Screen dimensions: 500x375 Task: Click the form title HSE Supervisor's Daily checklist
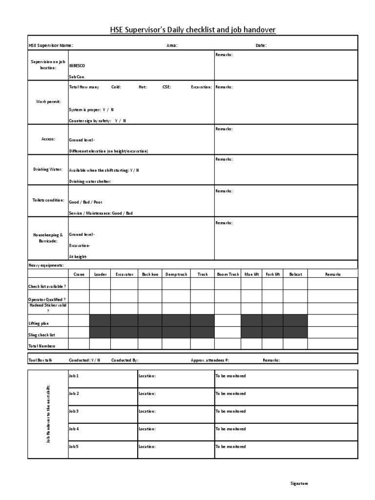coord(193,30)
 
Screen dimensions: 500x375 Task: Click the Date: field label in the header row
coord(261,45)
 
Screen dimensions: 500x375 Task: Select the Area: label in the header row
coord(172,45)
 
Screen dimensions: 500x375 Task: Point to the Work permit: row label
coord(48,102)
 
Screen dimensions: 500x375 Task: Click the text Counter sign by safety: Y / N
coord(97,121)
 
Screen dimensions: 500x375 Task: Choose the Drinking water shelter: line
coord(90,181)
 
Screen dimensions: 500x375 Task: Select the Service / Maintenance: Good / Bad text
coord(101,213)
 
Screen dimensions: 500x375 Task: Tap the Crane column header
coord(79,274)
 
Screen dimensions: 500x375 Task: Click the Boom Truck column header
coord(228,274)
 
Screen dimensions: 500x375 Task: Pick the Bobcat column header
coord(295,274)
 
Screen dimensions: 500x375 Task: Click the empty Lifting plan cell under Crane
coord(79,321)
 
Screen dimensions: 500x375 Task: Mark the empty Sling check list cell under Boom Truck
coord(228,333)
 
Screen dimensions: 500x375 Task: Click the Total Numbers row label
coord(42,346)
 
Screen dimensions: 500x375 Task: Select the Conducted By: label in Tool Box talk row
coord(125,360)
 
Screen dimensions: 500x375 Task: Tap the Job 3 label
coord(74,411)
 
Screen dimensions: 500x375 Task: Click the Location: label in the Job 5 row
coord(147,446)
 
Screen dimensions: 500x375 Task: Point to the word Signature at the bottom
coord(299,483)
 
